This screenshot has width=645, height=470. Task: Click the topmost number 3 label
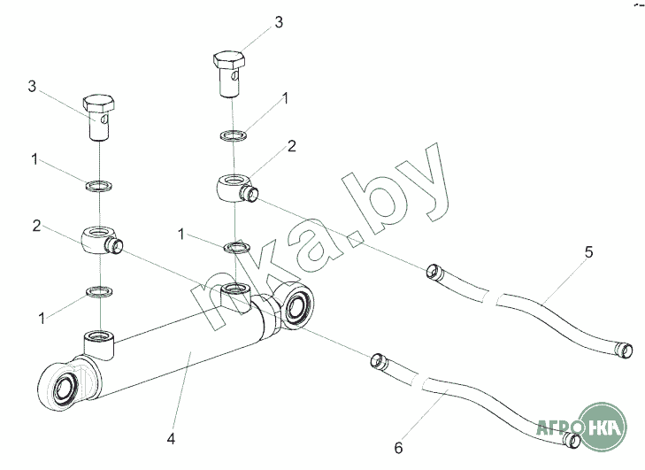point(279,22)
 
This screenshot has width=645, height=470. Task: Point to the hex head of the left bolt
point(96,104)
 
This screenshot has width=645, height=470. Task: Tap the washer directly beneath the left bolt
point(97,187)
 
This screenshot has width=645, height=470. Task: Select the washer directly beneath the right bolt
point(234,135)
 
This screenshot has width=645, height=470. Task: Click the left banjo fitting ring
point(97,238)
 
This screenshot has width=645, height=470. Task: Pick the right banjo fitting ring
point(234,189)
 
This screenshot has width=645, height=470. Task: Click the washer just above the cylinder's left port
point(98,290)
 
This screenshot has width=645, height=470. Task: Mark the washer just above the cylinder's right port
point(234,246)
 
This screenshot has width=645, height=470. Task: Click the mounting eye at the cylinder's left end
point(62,386)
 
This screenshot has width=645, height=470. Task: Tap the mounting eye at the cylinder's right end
point(296,305)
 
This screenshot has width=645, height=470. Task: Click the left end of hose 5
point(434,271)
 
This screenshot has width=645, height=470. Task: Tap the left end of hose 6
point(378,359)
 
